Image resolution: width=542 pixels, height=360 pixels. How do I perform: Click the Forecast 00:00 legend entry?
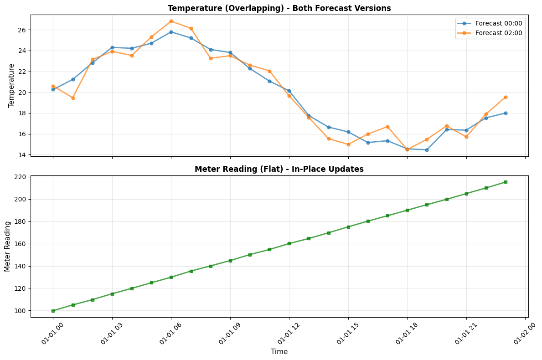pos(490,23)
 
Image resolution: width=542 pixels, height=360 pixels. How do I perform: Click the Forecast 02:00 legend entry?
pos(490,33)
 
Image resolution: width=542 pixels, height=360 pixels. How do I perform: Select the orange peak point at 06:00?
pos(171,21)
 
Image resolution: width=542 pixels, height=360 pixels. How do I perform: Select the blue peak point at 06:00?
pos(171,32)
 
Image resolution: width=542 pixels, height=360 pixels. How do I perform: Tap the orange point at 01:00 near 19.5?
pos(73,98)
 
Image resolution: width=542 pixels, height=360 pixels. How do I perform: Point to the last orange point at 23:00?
pos(506,97)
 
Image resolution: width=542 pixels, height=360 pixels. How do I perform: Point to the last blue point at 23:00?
pos(506,113)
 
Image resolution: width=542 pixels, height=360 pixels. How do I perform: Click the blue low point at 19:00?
pos(427,150)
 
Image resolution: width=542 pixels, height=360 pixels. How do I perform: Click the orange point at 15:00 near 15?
pos(348,144)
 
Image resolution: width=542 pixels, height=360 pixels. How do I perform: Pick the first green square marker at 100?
pos(53,311)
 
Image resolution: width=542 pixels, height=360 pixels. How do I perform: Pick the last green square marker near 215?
pos(506,182)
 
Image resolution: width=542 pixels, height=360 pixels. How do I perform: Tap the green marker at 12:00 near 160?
pos(289,244)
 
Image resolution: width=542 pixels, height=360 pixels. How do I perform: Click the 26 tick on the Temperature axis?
pos(22,30)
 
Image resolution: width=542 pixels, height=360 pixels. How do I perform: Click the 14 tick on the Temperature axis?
pos(22,155)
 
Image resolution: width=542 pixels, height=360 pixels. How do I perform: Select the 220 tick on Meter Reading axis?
pos(20,177)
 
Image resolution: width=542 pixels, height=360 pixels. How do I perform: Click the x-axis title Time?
pos(279,352)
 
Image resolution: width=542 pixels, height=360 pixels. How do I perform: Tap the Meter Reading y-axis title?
pos(7,246)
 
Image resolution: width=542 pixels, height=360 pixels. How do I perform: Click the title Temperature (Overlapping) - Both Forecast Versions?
pos(279,8)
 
